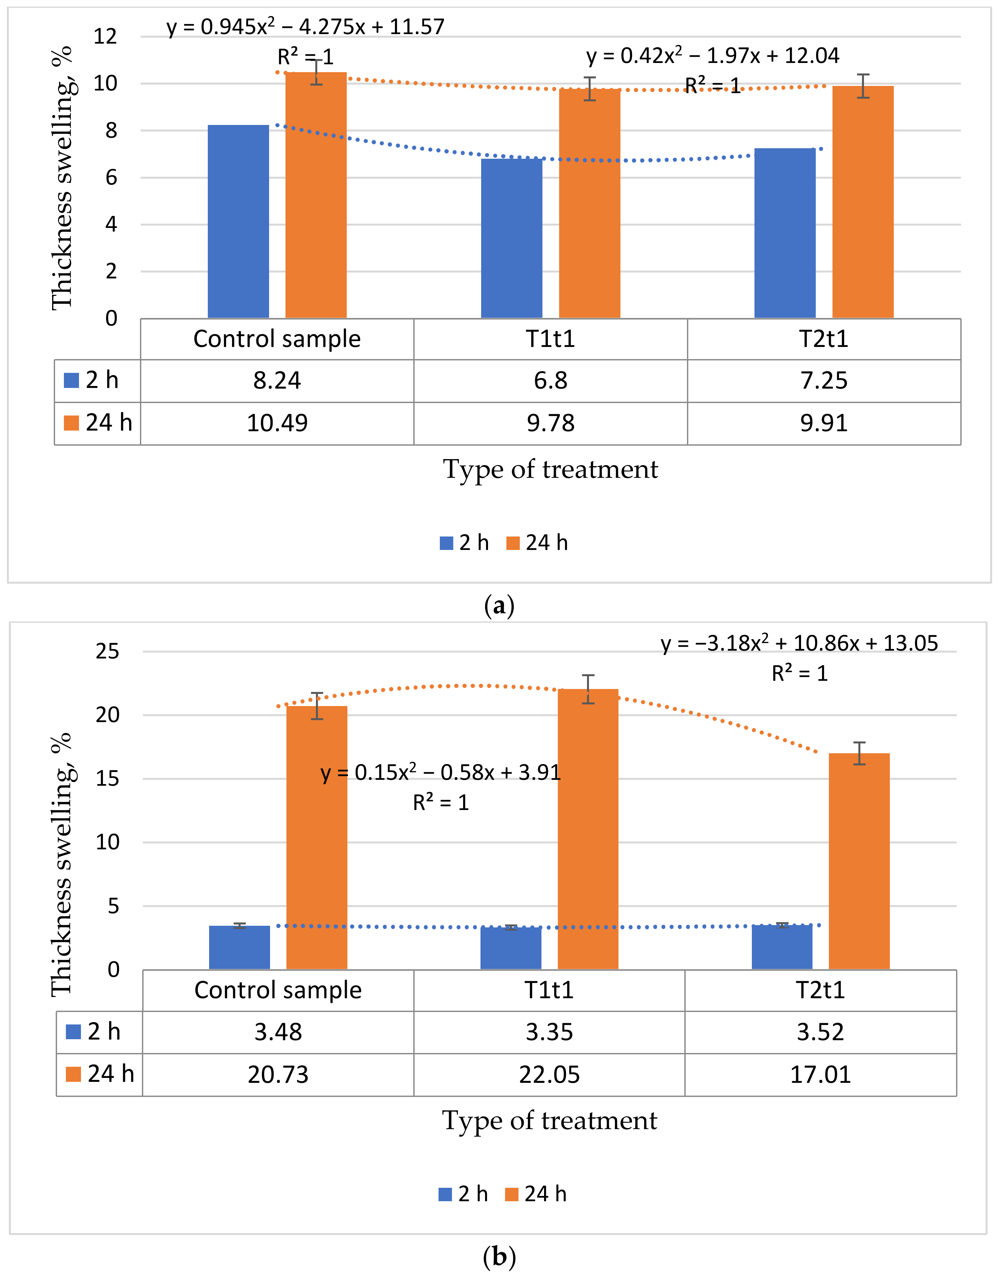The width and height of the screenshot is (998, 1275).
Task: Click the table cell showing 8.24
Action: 277,381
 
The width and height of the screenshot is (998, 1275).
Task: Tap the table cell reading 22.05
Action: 549,1075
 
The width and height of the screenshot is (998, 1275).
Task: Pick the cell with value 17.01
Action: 820,1075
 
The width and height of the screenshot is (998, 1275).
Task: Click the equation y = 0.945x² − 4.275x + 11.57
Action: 305,27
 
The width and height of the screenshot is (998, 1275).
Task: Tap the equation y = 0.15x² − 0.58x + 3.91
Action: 440,773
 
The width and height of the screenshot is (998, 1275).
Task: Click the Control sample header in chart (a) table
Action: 277,339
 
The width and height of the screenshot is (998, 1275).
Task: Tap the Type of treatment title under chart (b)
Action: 549,1121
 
